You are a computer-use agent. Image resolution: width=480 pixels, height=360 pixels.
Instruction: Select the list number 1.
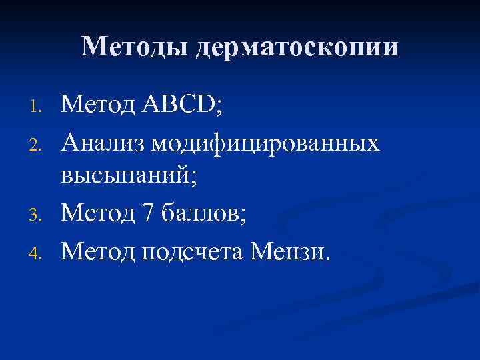pos(38,106)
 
